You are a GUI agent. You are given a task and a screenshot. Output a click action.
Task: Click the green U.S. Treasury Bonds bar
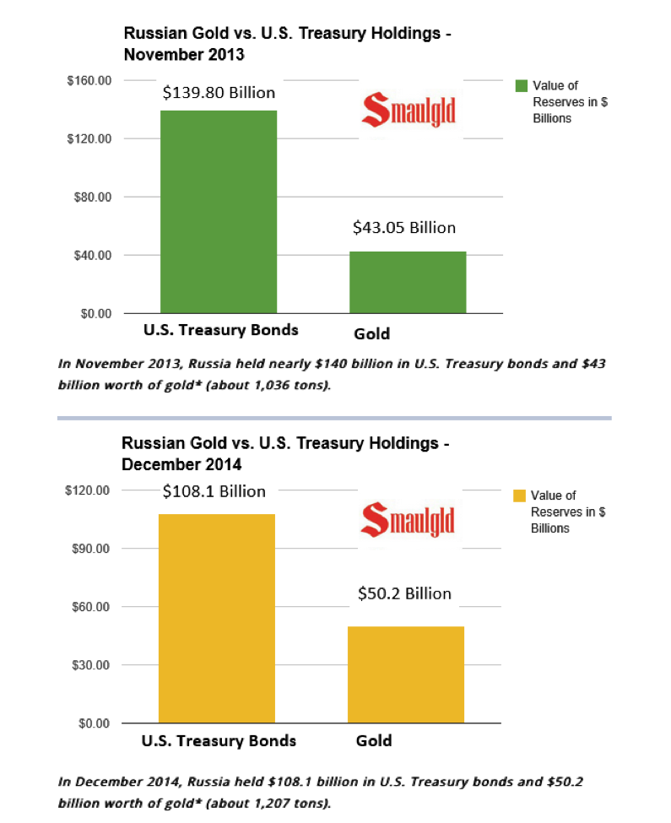pos(218,212)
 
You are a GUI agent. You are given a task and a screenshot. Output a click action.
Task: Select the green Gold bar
pos(409,282)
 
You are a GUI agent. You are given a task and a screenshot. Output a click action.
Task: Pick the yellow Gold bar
pos(406,674)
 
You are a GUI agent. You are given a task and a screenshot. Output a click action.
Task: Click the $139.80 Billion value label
pos(219,93)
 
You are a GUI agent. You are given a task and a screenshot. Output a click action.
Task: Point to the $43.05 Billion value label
pos(403,227)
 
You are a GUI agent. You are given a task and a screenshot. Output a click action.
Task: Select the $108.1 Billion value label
pos(214,491)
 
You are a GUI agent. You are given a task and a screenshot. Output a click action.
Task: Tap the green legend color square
pos(521,86)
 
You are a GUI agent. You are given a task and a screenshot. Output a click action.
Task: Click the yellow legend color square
pos(519,495)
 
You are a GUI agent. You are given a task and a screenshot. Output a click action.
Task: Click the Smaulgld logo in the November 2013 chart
pos(409,111)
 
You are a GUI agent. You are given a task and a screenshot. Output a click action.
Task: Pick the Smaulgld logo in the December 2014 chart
pos(407,520)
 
